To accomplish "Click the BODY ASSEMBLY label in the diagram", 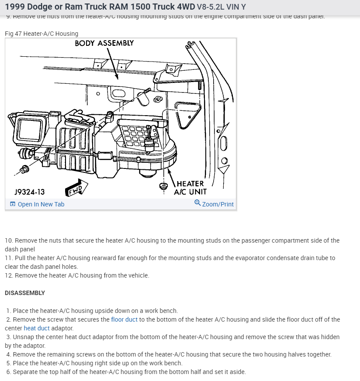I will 104,43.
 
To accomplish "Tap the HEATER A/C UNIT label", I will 190,188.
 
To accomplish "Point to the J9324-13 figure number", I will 29,192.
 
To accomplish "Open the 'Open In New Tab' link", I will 41,204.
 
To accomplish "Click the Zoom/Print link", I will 218,204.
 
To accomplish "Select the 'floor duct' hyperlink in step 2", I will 124,319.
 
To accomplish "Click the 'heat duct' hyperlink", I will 37,328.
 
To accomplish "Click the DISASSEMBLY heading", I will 25,293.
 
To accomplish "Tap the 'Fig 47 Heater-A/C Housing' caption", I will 42,34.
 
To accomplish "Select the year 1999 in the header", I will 14,7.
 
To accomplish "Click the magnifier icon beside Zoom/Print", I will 197,203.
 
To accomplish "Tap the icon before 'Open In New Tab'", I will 12,204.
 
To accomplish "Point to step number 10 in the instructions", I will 8,240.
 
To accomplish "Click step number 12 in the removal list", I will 8,275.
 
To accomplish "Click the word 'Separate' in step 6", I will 26,372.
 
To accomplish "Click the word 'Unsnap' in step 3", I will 24,337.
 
